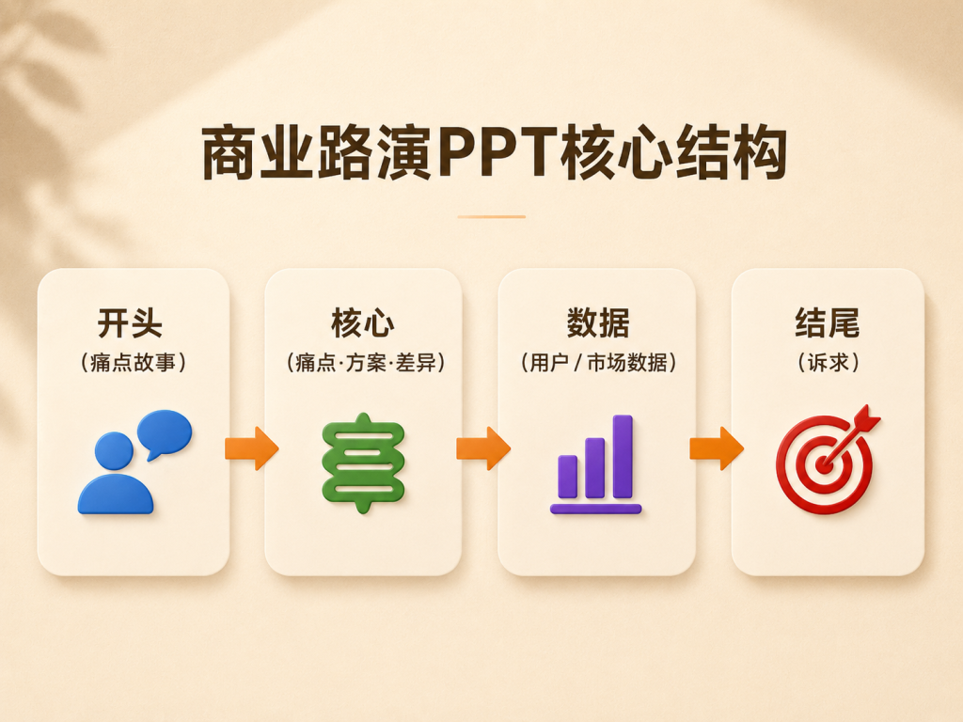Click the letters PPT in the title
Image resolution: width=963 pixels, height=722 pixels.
click(x=497, y=151)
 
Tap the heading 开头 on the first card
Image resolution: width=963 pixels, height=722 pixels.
click(x=130, y=323)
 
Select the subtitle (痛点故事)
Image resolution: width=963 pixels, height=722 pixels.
click(x=134, y=362)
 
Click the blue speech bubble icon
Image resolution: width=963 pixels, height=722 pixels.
click(x=165, y=433)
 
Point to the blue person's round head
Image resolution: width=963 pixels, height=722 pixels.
click(x=114, y=450)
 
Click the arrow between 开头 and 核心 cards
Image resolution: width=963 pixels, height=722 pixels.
click(x=252, y=448)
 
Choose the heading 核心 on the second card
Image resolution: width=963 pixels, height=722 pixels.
click(x=363, y=323)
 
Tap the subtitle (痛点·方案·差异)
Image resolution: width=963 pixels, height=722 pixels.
click(x=366, y=362)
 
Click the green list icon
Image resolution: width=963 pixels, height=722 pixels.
click(x=364, y=463)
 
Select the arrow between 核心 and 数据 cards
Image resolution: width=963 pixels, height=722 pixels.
click(x=483, y=448)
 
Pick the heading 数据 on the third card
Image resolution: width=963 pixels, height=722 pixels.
click(x=597, y=323)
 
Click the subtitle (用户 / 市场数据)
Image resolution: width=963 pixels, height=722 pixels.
click(x=598, y=362)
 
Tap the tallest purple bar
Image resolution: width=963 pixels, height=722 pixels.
click(x=623, y=456)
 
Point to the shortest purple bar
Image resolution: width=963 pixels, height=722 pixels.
click(x=567, y=477)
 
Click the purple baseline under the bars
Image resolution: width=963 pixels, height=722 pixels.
click(x=595, y=509)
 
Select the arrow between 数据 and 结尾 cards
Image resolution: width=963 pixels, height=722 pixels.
click(x=717, y=448)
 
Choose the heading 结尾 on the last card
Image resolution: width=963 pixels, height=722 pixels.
click(x=828, y=323)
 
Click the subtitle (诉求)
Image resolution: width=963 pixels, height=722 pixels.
click(x=828, y=362)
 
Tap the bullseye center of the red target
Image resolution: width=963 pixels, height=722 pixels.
click(x=824, y=464)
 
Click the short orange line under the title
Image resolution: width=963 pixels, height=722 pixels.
click(x=491, y=217)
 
